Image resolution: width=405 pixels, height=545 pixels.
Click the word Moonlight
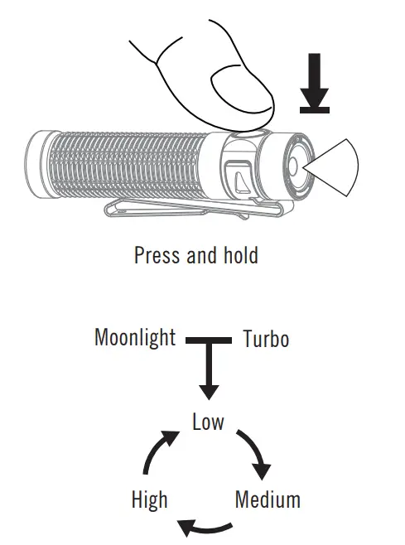click(135, 338)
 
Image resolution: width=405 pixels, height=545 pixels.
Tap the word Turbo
click(266, 340)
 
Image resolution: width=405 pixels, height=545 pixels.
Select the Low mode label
click(208, 422)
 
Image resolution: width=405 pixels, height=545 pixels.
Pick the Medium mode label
click(268, 499)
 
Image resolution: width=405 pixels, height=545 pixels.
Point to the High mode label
click(149, 499)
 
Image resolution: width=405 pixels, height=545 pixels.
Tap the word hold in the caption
click(239, 254)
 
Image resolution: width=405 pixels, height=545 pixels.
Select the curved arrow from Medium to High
click(206, 527)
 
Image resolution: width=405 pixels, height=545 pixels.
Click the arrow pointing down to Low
click(208, 373)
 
